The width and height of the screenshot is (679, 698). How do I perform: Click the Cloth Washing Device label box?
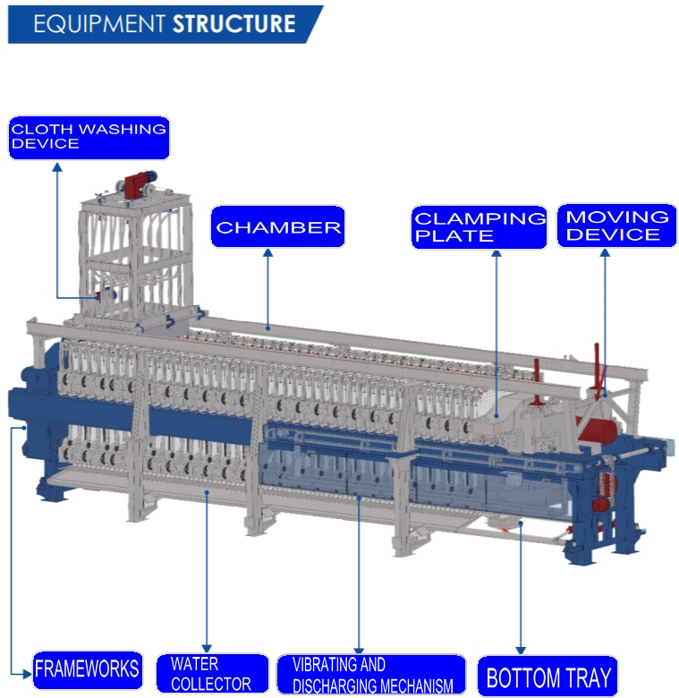pyautogui.click(x=89, y=137)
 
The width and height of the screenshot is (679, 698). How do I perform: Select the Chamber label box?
pyautogui.click(x=277, y=227)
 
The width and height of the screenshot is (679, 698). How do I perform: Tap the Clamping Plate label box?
pyautogui.click(x=479, y=227)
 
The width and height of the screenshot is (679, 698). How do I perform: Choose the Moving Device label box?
pyautogui.click(x=616, y=226)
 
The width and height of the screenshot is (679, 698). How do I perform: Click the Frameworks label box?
pyautogui.click(x=87, y=668)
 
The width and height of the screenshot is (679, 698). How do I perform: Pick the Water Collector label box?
pyautogui.click(x=210, y=674)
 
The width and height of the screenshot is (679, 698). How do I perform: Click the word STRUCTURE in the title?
pyautogui.click(x=233, y=23)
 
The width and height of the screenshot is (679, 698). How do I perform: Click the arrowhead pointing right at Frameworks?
pyautogui.click(x=26, y=669)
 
